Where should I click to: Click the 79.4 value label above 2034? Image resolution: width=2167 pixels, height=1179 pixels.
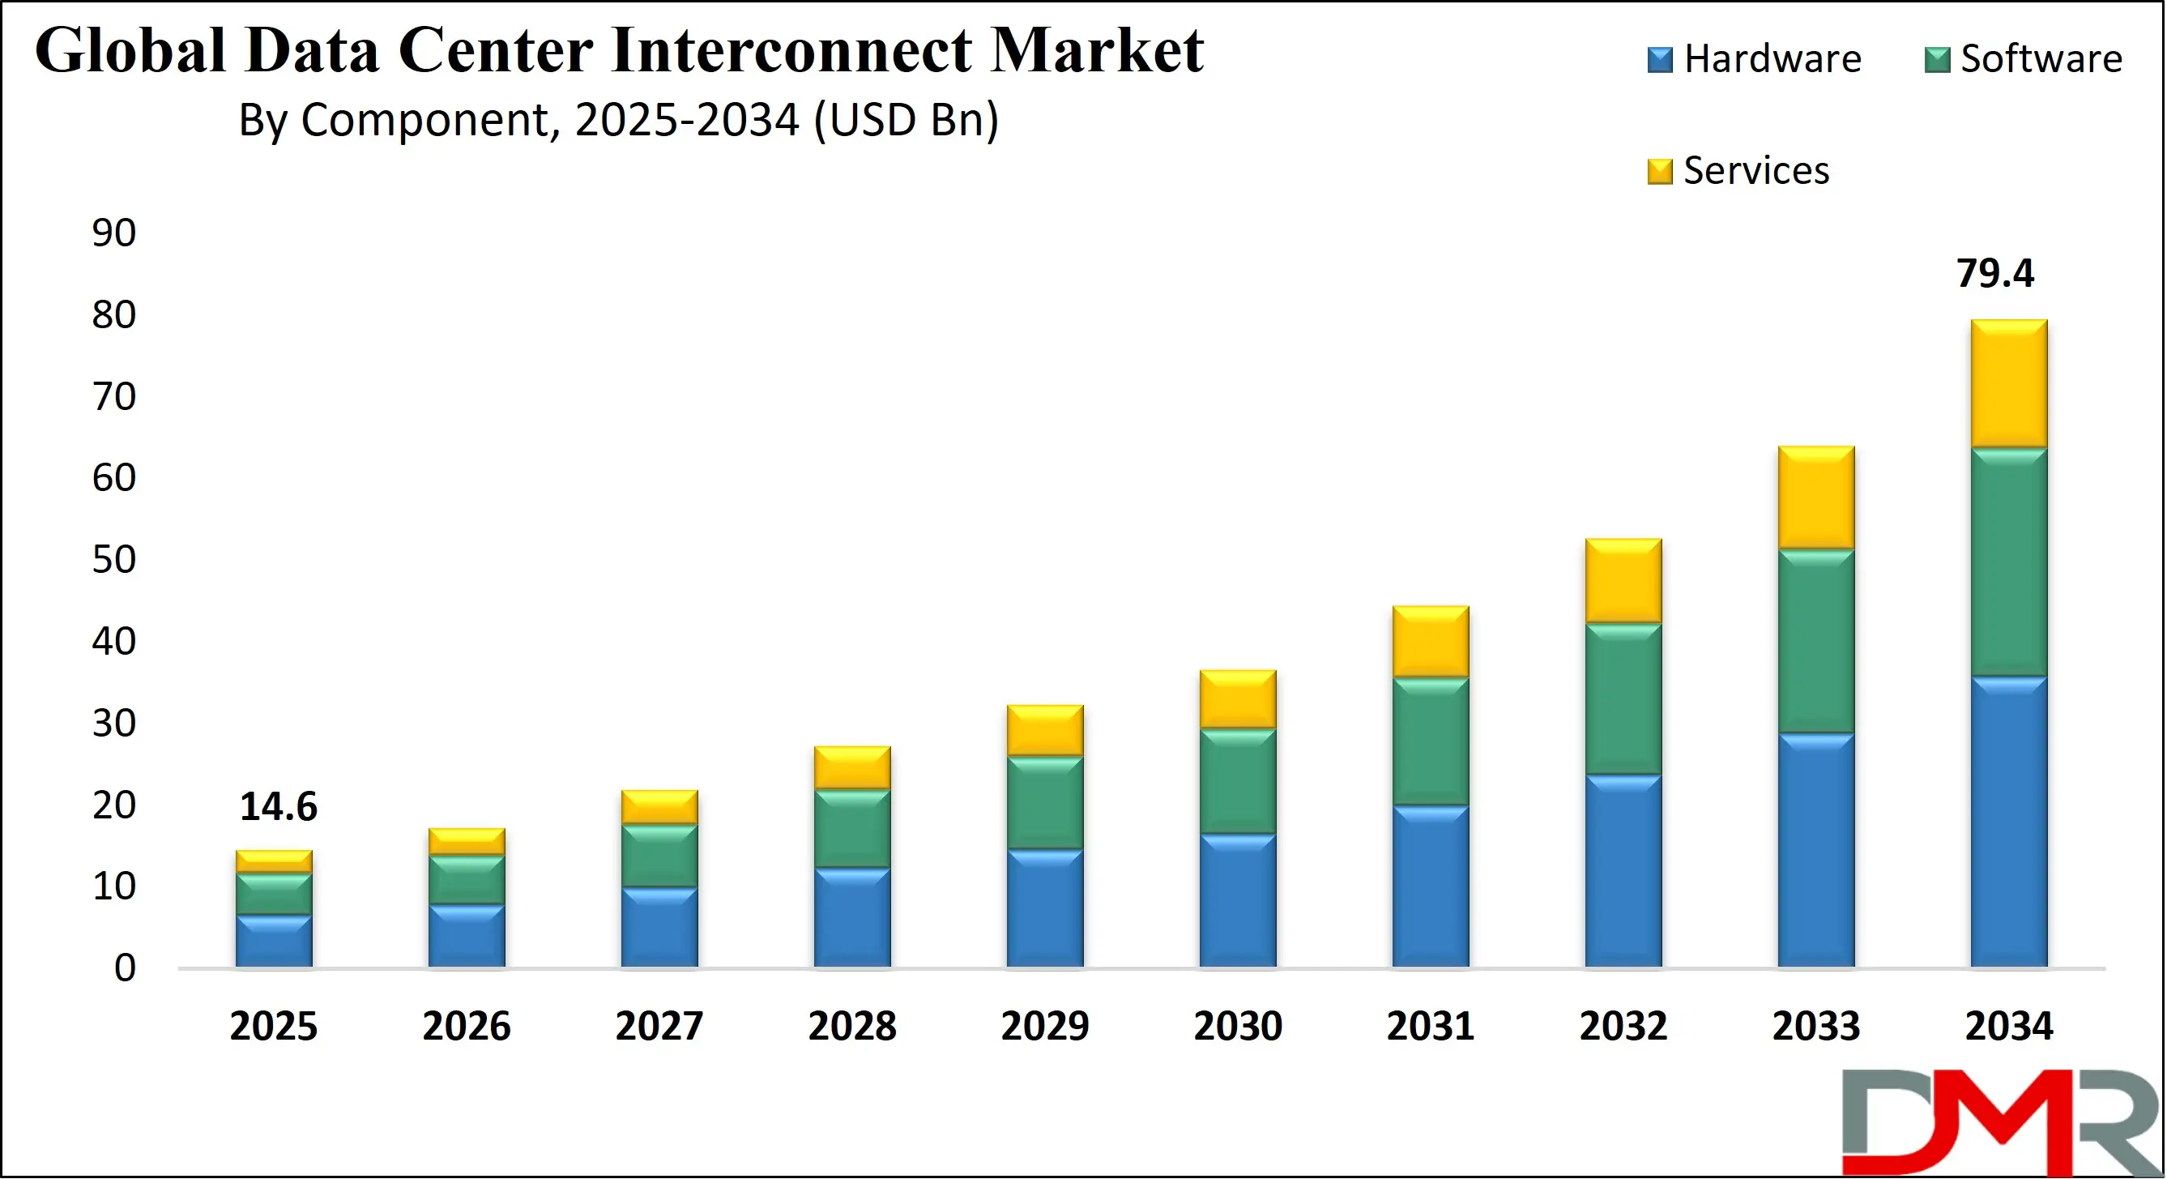[x=1994, y=274]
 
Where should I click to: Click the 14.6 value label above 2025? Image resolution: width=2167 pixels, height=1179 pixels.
[x=279, y=807]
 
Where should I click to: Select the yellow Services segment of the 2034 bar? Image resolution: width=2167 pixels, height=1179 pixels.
[x=2009, y=384]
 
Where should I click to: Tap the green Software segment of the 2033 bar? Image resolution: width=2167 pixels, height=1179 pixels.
[x=1816, y=641]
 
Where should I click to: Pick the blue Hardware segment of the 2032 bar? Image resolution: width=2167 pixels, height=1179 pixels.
[x=1623, y=871]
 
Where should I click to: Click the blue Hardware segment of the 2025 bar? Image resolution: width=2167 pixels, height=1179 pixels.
[x=273, y=941]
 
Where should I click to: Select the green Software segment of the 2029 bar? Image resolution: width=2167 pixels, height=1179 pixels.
[x=1045, y=803]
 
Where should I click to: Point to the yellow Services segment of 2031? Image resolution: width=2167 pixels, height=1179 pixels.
[x=1430, y=641]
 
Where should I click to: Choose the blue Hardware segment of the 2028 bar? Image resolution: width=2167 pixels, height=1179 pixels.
[x=852, y=917]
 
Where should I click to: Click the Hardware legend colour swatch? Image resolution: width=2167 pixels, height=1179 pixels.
[x=1660, y=61]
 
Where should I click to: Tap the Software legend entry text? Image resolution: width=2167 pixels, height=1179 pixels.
[x=2041, y=59]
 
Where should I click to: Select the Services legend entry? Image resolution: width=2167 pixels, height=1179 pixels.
[x=1755, y=171]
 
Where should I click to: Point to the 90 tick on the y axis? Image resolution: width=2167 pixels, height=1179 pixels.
[x=113, y=233]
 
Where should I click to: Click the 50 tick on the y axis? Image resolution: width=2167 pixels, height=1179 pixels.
[x=113, y=560]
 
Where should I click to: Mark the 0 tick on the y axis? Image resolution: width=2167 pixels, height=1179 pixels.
[x=125, y=968]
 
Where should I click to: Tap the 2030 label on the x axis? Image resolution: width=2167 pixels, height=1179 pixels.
[x=1238, y=1027]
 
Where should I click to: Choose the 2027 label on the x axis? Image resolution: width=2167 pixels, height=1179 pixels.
[x=659, y=1027]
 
